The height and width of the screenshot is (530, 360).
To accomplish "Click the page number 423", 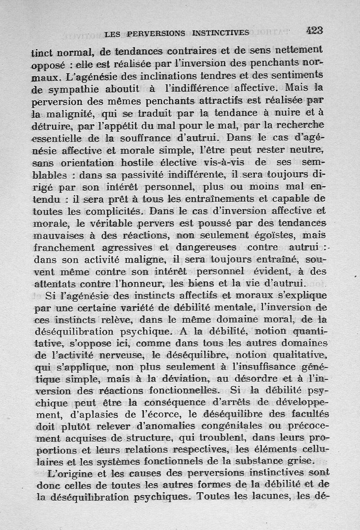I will click(x=315, y=30).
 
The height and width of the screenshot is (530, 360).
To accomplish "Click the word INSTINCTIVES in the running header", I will click(x=220, y=32).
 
